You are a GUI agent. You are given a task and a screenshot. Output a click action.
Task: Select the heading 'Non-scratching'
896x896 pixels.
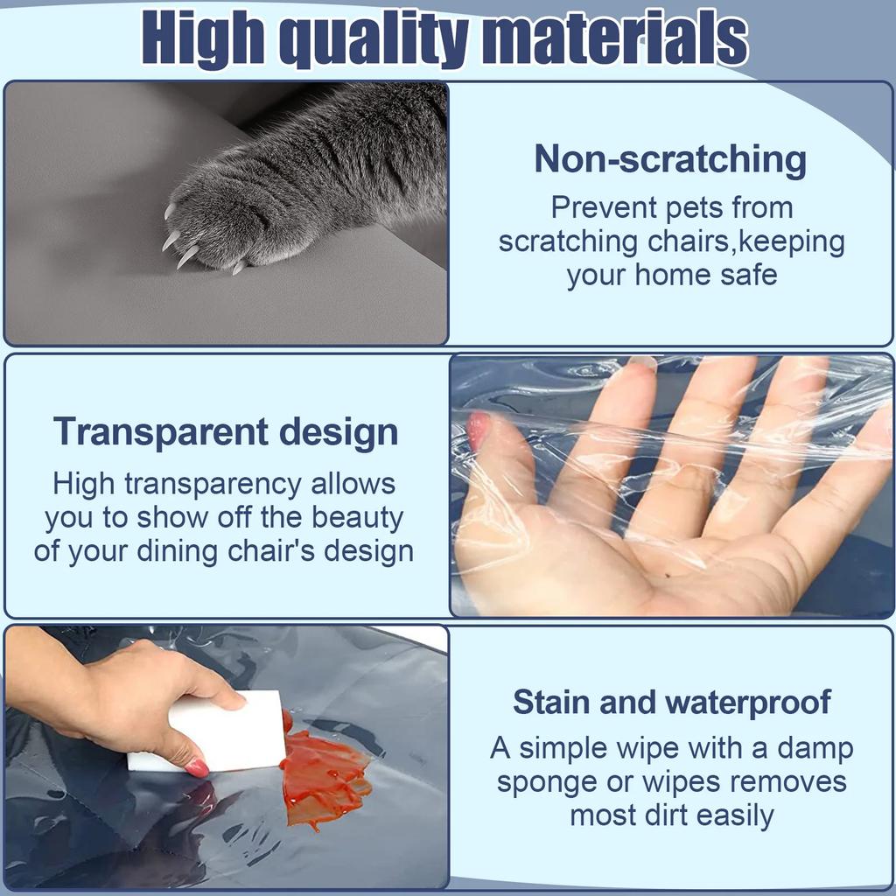670,160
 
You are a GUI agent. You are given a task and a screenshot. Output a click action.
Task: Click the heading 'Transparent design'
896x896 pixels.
226,432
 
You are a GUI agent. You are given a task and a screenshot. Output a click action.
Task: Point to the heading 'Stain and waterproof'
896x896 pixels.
671,703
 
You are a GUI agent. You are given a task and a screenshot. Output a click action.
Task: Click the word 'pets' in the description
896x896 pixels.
695,208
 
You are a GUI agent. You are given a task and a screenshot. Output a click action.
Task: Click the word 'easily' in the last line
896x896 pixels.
731,815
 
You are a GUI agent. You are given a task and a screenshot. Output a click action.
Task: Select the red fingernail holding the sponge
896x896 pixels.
198,767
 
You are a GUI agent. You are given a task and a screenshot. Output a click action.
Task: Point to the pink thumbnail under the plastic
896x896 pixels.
478,430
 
